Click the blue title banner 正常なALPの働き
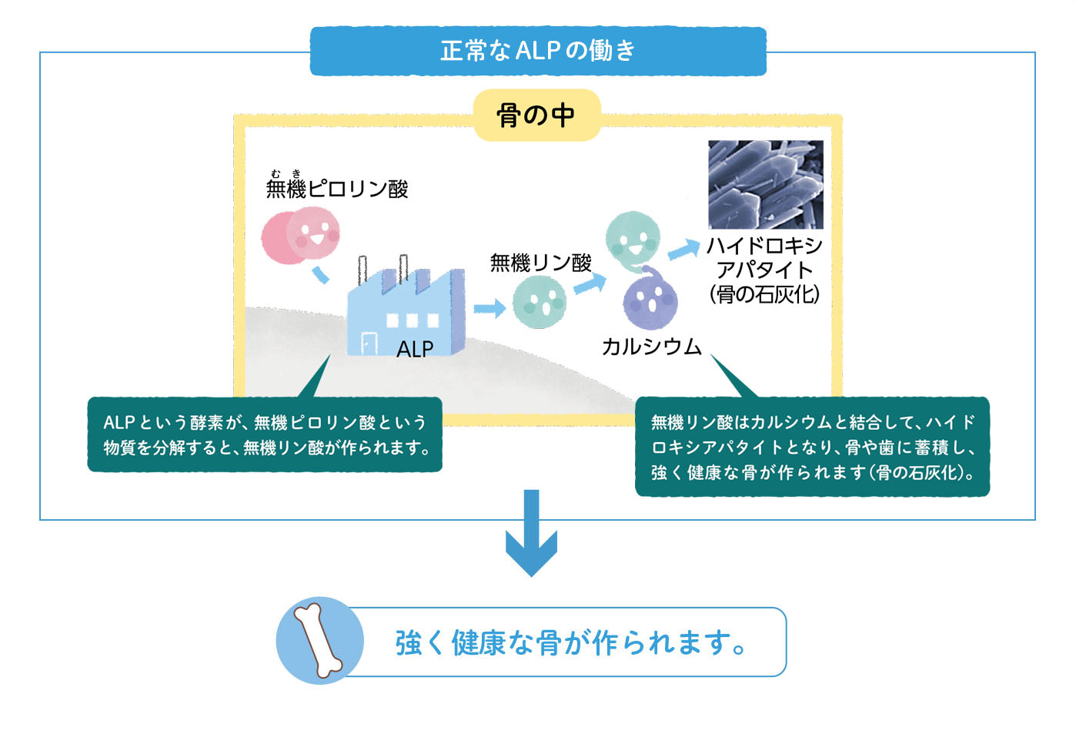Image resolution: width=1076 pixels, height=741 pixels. [537, 51]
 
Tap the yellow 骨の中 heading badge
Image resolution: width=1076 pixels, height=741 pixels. [536, 116]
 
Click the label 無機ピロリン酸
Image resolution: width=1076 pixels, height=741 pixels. [337, 189]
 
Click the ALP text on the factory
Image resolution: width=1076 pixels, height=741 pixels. [415, 349]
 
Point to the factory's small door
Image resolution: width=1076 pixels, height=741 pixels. [369, 344]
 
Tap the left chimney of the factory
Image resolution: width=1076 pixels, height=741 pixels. [363, 271]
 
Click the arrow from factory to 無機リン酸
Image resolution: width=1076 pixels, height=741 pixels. [489, 309]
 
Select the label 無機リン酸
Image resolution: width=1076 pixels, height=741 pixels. [540, 263]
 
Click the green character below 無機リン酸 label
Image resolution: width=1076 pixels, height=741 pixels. [540, 302]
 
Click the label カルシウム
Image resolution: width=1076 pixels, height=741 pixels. [651, 347]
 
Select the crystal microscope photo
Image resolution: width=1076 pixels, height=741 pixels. [765, 184]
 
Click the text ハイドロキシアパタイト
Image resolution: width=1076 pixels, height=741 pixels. [764, 258]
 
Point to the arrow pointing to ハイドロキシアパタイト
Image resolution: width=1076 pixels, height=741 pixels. [682, 250]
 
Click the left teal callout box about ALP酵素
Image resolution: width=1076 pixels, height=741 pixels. [265, 434]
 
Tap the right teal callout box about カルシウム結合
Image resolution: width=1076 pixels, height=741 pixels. [812, 447]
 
